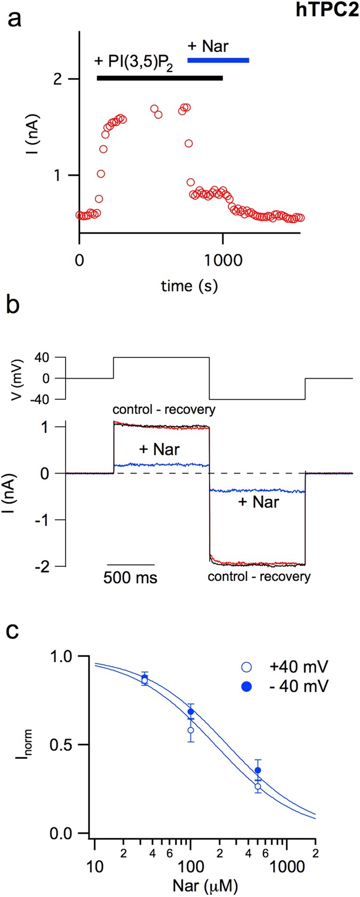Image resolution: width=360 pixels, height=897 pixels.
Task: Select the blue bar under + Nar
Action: pyautogui.click(x=218, y=60)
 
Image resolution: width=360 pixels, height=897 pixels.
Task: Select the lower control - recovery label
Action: pyautogui.click(x=259, y=576)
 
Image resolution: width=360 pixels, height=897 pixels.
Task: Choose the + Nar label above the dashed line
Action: pyautogui.click(x=159, y=450)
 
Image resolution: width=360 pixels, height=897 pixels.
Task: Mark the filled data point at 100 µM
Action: pyautogui.click(x=191, y=711)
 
